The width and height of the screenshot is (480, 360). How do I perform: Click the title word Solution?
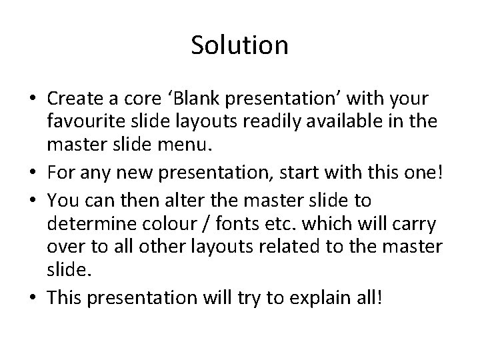click(239, 45)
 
